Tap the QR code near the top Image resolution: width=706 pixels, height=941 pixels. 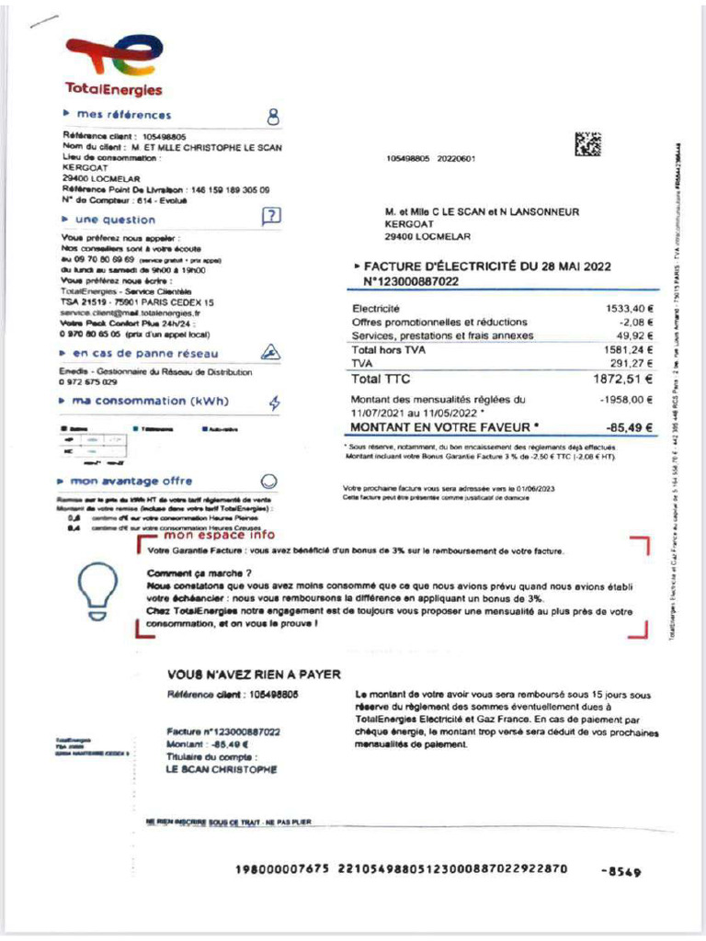click(588, 146)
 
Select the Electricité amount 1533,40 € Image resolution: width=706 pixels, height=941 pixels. click(629, 309)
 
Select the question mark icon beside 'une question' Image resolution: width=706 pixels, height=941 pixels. click(271, 218)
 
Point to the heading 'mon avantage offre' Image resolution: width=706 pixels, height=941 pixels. click(132, 481)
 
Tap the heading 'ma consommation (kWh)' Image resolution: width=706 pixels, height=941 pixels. click(151, 401)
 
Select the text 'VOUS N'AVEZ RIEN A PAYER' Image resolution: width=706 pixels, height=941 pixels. click(255, 674)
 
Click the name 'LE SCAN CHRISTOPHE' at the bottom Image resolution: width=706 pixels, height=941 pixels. click(222, 769)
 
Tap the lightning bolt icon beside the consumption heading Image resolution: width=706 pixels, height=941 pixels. click(274, 402)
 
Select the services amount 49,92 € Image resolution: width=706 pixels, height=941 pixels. click(632, 335)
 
